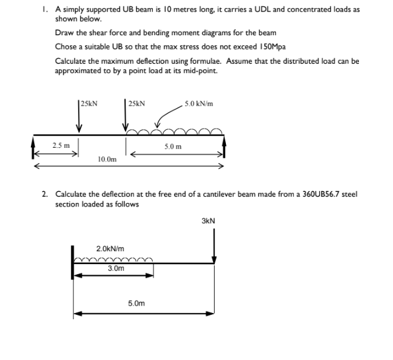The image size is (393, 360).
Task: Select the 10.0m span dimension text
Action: pyautogui.click(x=107, y=160)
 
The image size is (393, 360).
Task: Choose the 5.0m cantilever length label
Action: pyautogui.click(x=136, y=304)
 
